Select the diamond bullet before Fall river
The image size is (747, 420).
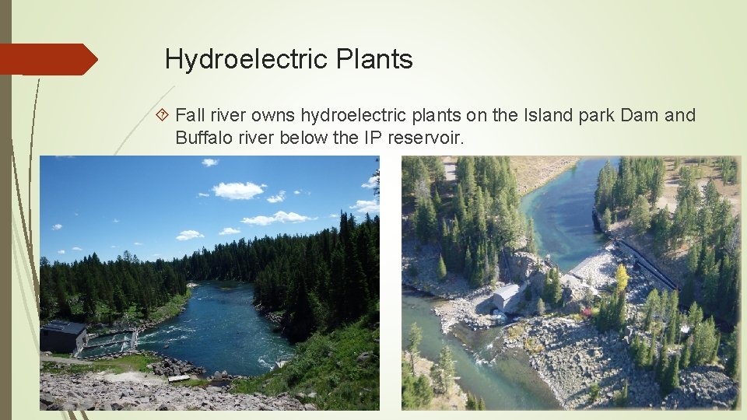pyautogui.click(x=163, y=116)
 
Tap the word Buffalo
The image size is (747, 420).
pyautogui.click(x=201, y=138)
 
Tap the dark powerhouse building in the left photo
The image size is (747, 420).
pyautogui.click(x=64, y=336)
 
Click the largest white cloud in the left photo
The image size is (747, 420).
pyautogui.click(x=237, y=190)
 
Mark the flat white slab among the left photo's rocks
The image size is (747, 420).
pyautogui.click(x=178, y=378)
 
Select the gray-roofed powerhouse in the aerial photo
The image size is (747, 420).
pyautogui.click(x=505, y=296)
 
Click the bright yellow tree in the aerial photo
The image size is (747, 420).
pyautogui.click(x=622, y=278)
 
